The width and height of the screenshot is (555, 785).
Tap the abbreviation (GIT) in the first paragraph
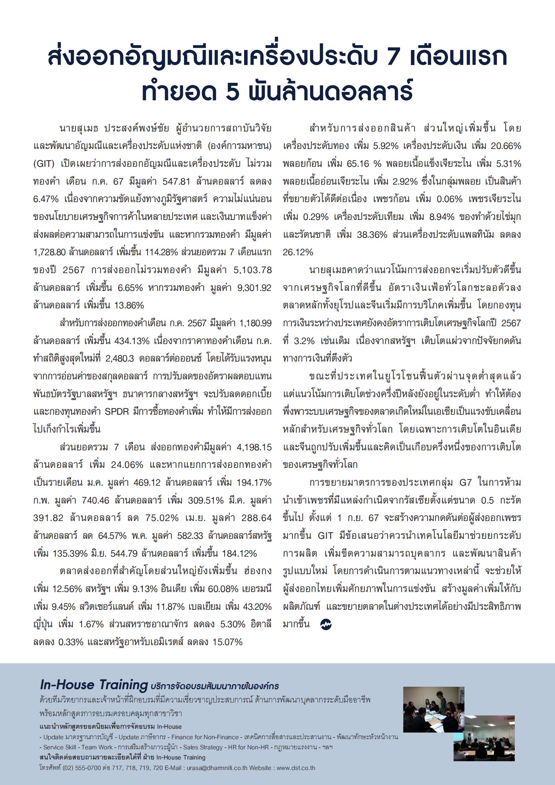44,164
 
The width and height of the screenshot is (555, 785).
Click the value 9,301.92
254,288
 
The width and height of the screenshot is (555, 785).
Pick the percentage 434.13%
133,341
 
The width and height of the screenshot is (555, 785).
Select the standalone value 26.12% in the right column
298,252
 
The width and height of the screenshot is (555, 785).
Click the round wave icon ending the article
326,625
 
